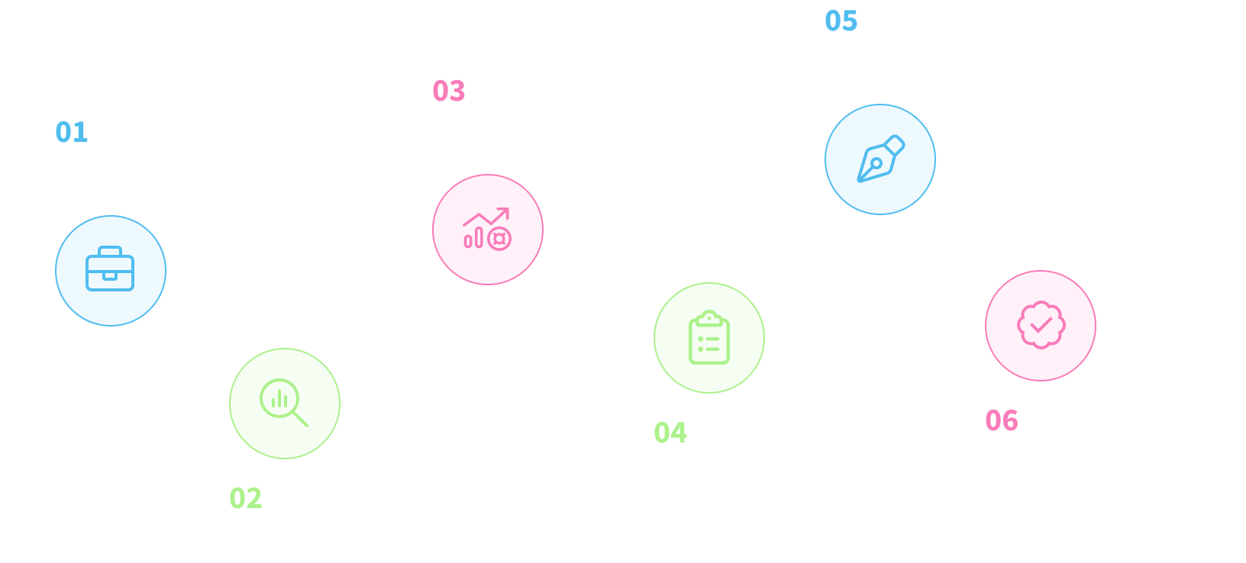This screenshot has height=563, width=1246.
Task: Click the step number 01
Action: pos(72,132)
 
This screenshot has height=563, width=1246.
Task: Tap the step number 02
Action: pos(246,498)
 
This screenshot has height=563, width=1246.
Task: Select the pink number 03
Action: pos(449,91)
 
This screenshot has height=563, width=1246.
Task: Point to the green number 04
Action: pos(670,433)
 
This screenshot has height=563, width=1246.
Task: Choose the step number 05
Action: pos(841,21)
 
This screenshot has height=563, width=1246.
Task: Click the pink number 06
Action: pos(1002,420)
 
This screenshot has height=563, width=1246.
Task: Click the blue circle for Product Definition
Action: pos(111,271)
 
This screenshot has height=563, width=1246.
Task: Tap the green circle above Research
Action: pos(285,404)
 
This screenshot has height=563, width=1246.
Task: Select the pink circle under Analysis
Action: pos(488,230)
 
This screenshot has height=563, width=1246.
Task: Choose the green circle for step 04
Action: pos(709,338)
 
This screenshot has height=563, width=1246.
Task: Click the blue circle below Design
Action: pos(880,159)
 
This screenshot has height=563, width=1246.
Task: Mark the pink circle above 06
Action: pos(1041,326)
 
